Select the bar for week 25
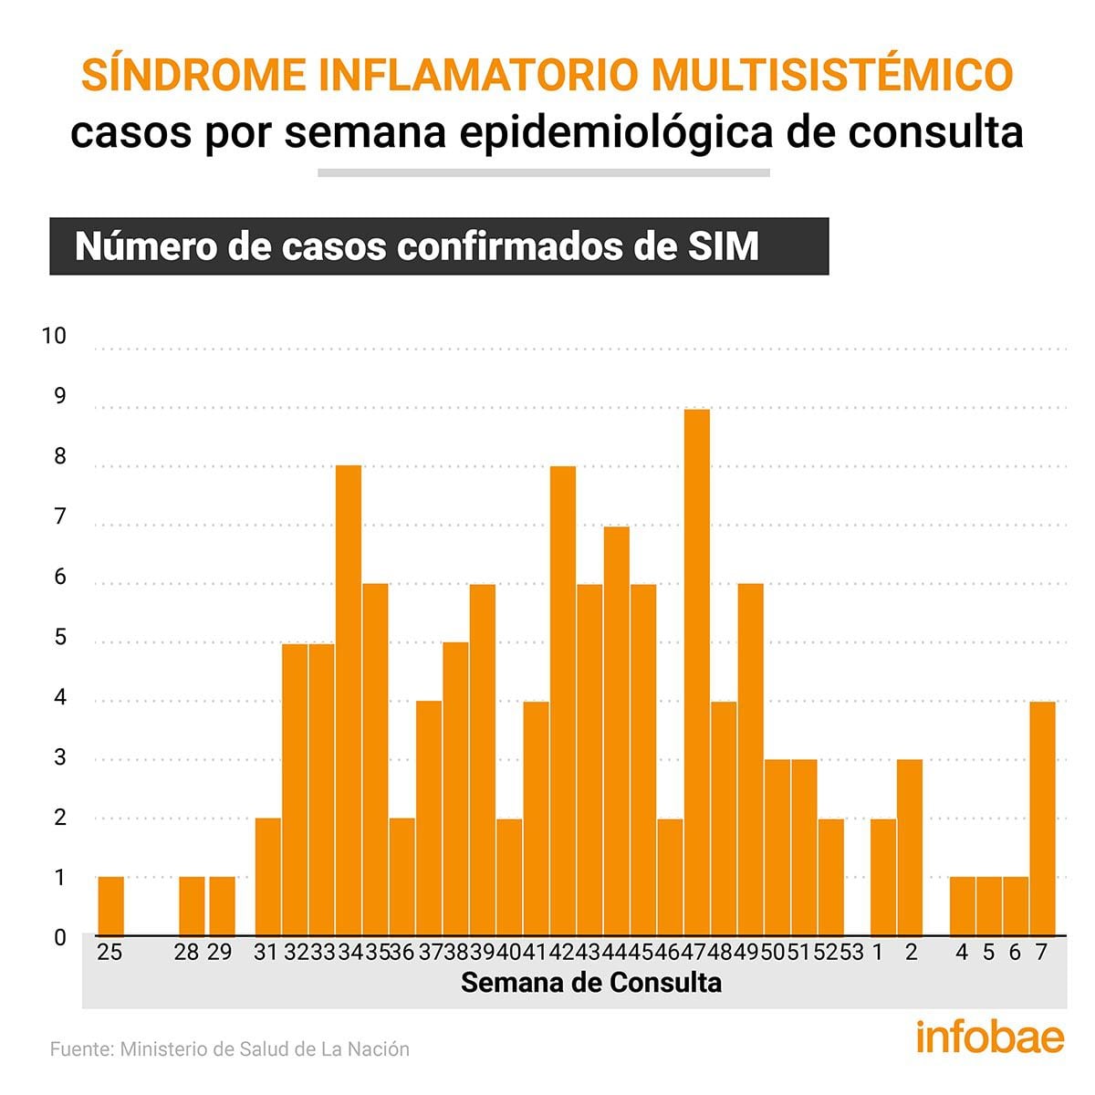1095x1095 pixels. pyautogui.click(x=110, y=906)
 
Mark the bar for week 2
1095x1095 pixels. pyautogui.click(x=910, y=848)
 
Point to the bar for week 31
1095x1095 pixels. pyautogui.click(x=268, y=877)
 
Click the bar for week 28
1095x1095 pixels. pyautogui.click(x=192, y=906)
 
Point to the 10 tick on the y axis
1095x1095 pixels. pyautogui.click(x=55, y=336)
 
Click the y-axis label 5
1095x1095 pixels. pyautogui.click(x=61, y=638)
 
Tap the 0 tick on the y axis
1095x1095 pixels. pyautogui.click(x=61, y=937)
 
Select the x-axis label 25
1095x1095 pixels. pyautogui.click(x=109, y=953)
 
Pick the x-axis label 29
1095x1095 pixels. pyautogui.click(x=220, y=953)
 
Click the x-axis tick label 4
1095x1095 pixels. pyautogui.click(x=962, y=953)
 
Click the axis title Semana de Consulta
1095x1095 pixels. pyautogui.click(x=591, y=983)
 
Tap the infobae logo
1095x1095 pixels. pyautogui.click(x=989, y=1038)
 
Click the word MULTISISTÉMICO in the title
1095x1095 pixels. pyautogui.click(x=831, y=75)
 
